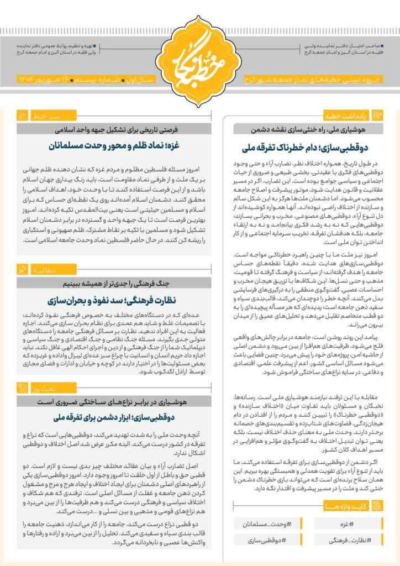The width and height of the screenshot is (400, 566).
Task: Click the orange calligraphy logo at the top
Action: click(x=199, y=53)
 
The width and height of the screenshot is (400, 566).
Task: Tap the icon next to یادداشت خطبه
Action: click(x=378, y=115)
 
